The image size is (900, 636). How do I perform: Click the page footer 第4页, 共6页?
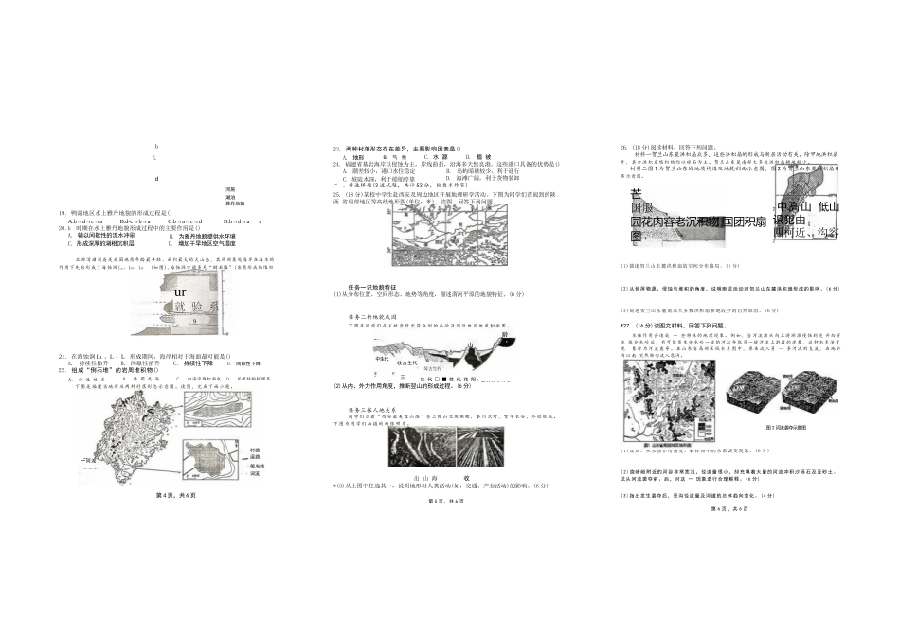175,495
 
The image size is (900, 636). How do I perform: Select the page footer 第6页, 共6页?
729,508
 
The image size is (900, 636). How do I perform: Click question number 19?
62,213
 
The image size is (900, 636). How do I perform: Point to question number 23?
336,149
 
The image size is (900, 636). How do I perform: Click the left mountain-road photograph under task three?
414,450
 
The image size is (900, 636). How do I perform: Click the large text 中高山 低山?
808,207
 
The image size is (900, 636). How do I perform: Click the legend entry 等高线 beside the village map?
257,466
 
